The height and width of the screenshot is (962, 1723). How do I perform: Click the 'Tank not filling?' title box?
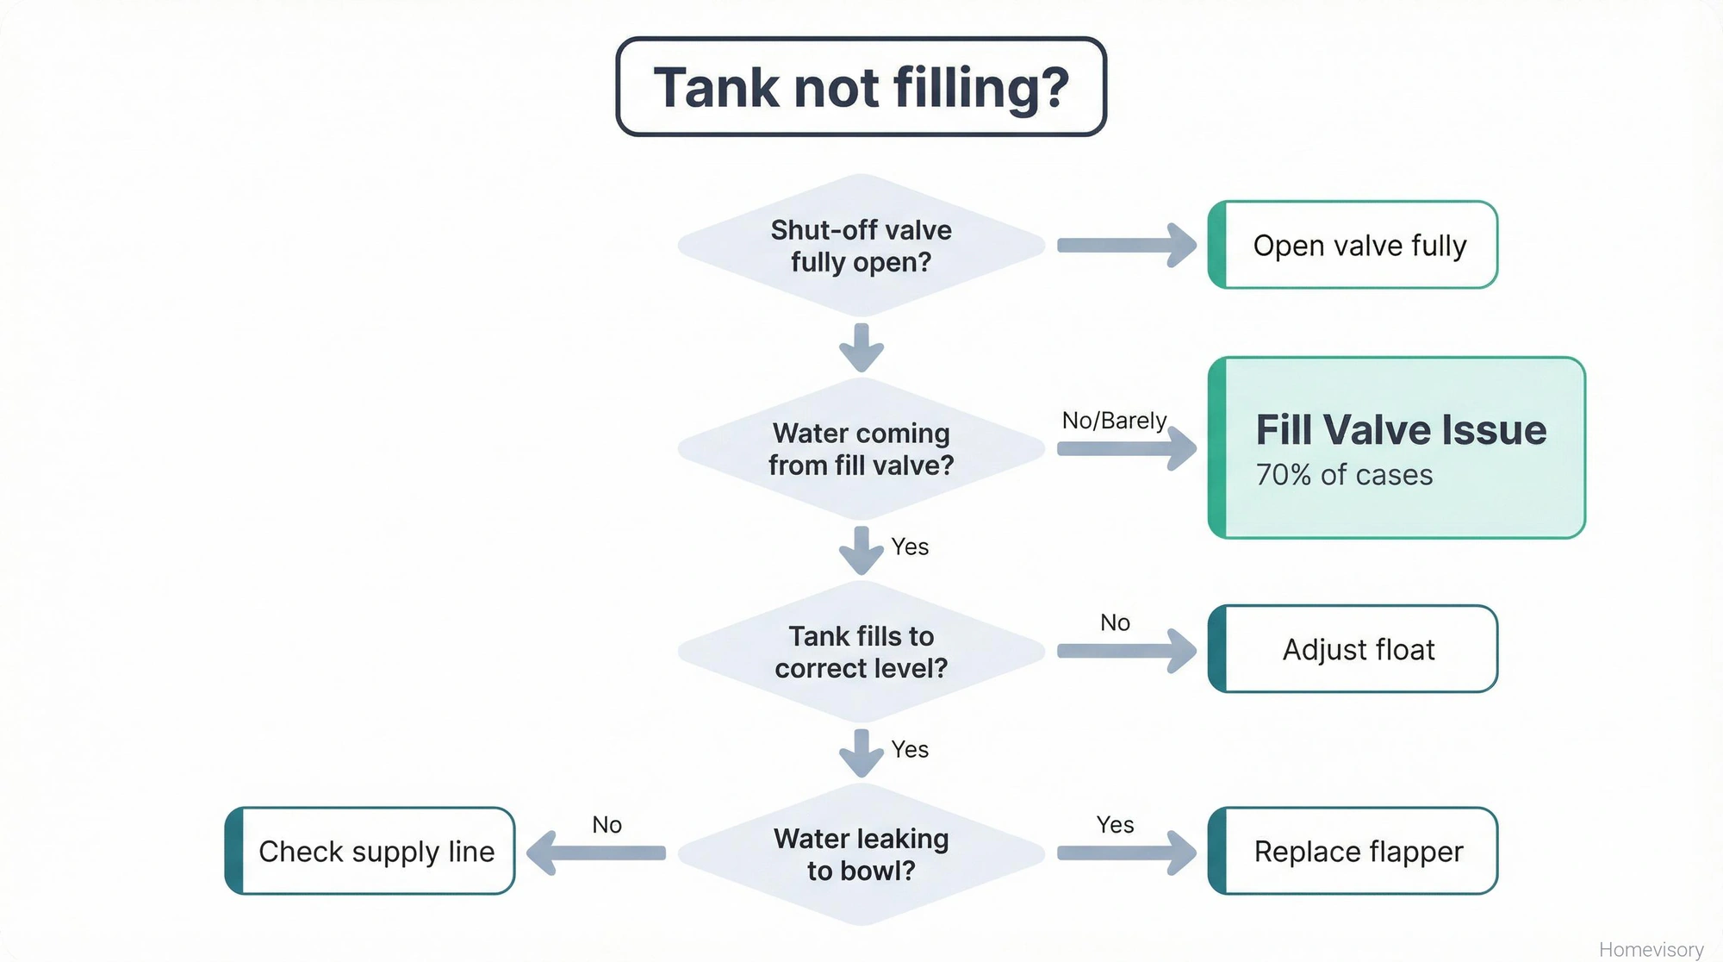[861, 87]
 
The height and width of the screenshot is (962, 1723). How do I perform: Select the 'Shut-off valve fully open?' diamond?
[861, 246]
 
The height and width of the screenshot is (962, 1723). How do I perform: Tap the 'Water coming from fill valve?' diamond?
[861, 448]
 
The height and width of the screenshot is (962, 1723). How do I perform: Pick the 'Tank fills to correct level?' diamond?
[861, 652]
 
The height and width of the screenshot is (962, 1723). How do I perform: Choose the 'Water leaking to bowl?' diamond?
[861, 853]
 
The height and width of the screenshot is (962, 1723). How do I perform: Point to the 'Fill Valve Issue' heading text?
[1401, 429]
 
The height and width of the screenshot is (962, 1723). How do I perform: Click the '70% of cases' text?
[1344, 475]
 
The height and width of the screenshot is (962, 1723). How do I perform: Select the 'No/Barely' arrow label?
[1114, 421]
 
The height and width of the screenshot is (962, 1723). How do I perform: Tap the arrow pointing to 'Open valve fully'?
[1125, 246]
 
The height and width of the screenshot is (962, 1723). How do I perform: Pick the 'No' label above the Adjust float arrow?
[1115, 622]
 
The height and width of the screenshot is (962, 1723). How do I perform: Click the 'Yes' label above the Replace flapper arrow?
[1115, 825]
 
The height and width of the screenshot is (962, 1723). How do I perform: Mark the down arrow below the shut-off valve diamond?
[861, 347]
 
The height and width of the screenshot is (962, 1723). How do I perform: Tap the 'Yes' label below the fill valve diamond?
[910, 547]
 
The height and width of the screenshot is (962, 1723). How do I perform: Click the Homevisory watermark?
[1651, 949]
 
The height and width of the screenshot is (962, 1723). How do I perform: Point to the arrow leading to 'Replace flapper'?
[1125, 853]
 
